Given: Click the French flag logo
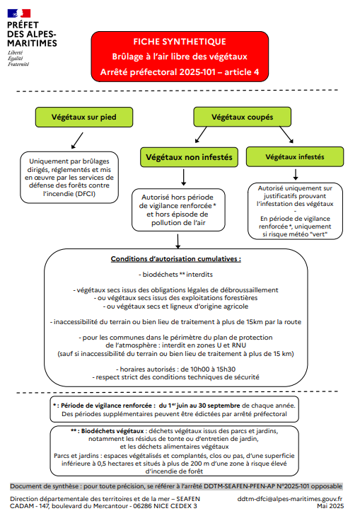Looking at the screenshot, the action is click(x=19, y=13).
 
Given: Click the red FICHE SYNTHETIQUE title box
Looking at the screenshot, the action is click(x=180, y=57).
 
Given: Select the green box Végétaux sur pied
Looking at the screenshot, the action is click(x=84, y=117).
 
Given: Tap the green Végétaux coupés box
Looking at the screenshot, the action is click(x=243, y=117).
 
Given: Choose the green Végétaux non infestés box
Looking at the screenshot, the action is click(x=189, y=157).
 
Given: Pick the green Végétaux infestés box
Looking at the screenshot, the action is click(x=295, y=157).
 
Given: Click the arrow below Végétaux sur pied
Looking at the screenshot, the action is click(x=77, y=140).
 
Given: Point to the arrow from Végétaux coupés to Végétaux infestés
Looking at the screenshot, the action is click(x=286, y=134).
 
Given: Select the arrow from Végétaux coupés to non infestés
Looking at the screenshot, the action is click(x=201, y=134).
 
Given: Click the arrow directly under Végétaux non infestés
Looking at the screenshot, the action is click(x=183, y=178).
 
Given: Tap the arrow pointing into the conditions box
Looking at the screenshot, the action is click(x=178, y=241).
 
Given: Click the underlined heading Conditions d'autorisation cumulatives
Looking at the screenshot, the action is click(x=175, y=259).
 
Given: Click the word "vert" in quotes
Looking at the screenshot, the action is click(x=318, y=234).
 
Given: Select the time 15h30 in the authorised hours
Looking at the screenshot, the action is click(x=226, y=369).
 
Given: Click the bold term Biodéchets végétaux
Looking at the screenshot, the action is click(x=112, y=431).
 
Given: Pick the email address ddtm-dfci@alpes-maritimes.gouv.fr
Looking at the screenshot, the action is click(x=290, y=499).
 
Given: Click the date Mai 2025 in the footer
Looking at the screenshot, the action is click(x=330, y=506).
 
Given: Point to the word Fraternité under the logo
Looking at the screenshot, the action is click(x=18, y=64).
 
